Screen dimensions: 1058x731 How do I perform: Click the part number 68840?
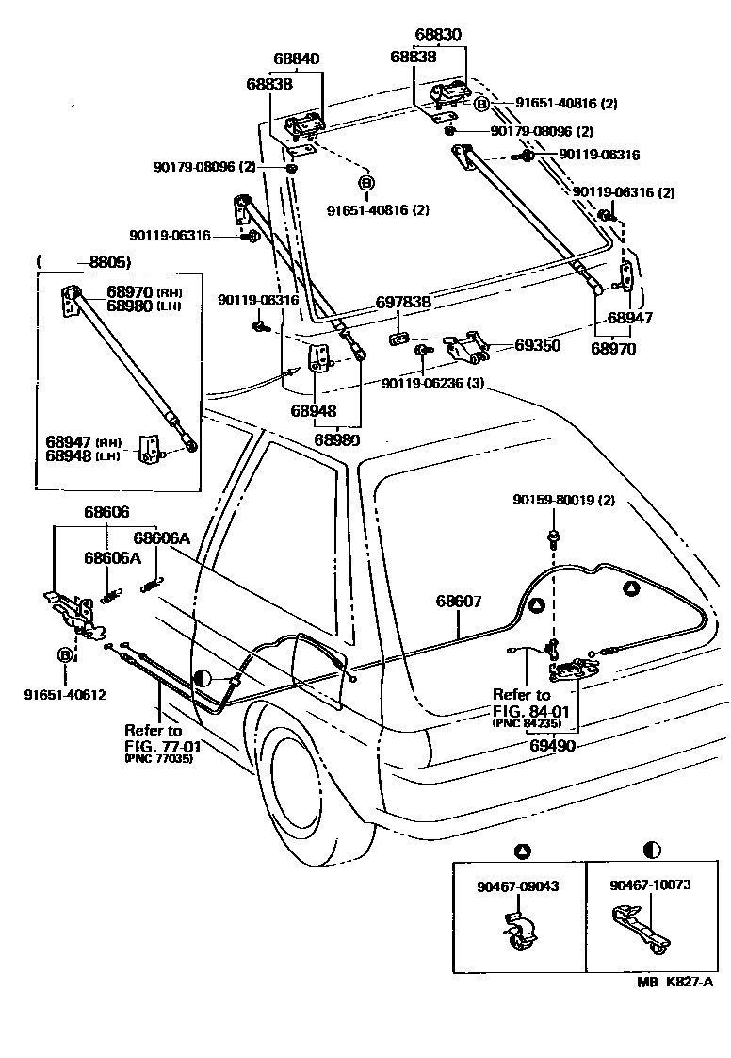tap(297, 58)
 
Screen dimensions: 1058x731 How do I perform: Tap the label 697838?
tap(403, 303)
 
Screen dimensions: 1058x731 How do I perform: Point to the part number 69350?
tap(537, 346)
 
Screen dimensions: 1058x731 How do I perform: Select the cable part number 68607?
tap(459, 601)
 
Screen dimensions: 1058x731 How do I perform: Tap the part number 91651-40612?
tap(65, 695)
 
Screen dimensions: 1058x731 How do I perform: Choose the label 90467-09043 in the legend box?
tap(518, 886)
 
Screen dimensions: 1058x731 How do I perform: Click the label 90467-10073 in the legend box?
tap(650, 886)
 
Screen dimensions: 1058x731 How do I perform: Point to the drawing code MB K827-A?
tap(674, 982)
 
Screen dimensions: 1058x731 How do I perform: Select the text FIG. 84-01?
tap(526, 710)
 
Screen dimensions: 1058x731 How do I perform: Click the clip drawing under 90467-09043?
tap(518, 929)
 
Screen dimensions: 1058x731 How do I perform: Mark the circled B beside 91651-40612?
tap(66, 655)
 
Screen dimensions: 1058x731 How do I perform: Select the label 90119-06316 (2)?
tap(624, 192)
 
